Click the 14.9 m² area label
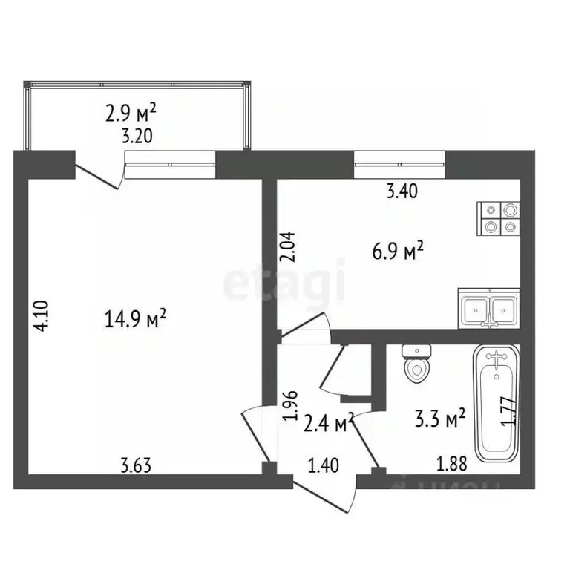(136, 320)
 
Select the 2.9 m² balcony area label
(131, 114)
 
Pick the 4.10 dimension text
(44, 315)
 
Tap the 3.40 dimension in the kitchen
(402, 191)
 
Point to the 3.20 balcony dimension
(131, 136)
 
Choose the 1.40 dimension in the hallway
(324, 466)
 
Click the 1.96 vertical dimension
(291, 407)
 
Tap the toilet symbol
(416, 362)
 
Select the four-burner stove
(498, 219)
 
